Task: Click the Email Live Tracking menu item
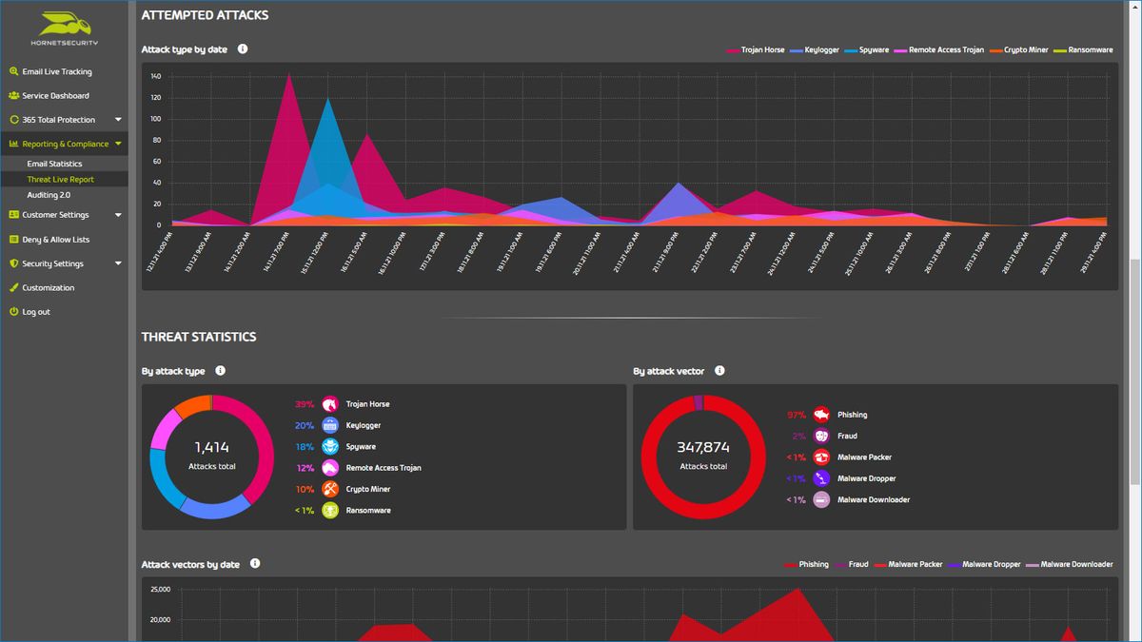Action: pos(57,71)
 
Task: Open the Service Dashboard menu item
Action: pos(55,96)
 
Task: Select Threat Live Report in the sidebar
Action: pos(60,180)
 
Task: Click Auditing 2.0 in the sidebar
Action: pos(49,195)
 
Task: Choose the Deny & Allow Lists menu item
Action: pos(55,240)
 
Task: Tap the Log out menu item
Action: pos(36,312)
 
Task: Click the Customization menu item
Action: pos(48,288)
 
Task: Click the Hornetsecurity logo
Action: pos(64,29)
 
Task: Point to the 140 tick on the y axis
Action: pos(155,76)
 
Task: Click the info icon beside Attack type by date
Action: pos(243,49)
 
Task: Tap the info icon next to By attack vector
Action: pos(719,371)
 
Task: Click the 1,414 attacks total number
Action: pos(211,447)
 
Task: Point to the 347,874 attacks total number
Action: pos(703,447)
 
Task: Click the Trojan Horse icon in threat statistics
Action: pos(330,404)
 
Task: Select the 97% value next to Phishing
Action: pos(796,415)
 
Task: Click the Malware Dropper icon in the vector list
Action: pos(821,478)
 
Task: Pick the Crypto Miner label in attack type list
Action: pos(368,489)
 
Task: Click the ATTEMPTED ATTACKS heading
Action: pos(205,15)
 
